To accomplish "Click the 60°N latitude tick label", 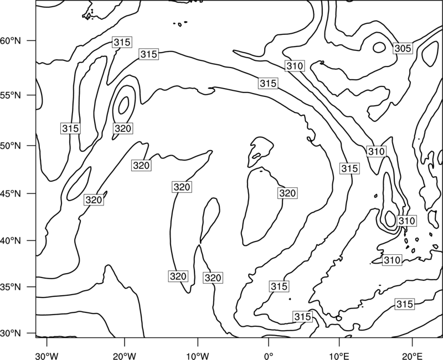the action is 11,41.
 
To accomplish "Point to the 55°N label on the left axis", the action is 11,95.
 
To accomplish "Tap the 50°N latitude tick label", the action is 11,146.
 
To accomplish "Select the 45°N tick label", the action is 11,193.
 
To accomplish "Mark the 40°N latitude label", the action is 11,241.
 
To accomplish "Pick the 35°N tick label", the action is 11,287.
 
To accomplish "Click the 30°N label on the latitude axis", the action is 11,333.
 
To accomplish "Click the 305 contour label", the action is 403,49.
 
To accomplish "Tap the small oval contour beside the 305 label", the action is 379,48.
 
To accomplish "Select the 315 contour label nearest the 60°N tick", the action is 122,43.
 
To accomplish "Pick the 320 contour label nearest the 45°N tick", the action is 94,200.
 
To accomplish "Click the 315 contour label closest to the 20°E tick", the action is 405,304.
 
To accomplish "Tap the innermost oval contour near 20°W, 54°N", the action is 123,105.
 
